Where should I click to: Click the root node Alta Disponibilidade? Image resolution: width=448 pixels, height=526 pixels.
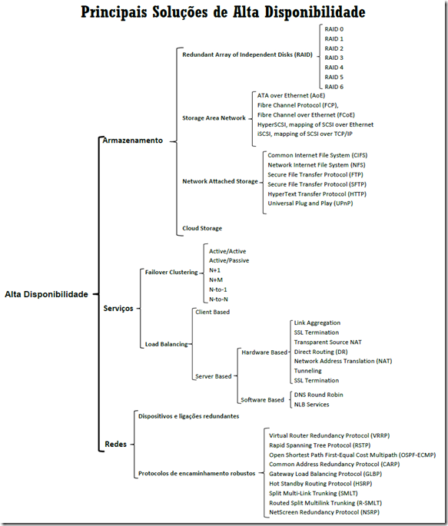46,294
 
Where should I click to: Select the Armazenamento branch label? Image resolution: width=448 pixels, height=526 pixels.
132,141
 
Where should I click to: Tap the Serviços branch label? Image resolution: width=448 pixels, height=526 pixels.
118,308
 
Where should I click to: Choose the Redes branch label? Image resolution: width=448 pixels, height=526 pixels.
115,444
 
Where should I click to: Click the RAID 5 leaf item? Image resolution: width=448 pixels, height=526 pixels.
334,77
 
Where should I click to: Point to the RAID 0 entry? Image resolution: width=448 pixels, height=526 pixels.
334,29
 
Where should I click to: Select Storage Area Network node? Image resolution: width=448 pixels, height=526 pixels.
214,118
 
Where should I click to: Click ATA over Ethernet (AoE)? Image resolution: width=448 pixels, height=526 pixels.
291,96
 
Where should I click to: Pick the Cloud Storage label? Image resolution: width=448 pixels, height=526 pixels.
202,229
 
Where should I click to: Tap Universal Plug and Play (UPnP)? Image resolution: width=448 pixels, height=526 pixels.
310,203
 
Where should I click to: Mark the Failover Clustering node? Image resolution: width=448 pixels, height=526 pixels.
171,272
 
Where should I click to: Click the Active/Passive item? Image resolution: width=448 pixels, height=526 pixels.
229,260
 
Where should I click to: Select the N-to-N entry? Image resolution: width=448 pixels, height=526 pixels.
218,299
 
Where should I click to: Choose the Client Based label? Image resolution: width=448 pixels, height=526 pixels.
212,312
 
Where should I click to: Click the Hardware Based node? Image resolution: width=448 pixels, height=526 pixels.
264,352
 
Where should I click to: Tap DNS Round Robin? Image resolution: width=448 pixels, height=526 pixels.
318,395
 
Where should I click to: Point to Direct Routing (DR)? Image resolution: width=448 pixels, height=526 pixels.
320,352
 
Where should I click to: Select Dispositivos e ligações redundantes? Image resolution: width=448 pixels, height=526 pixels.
188,416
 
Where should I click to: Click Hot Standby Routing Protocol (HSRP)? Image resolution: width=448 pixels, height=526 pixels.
320,484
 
